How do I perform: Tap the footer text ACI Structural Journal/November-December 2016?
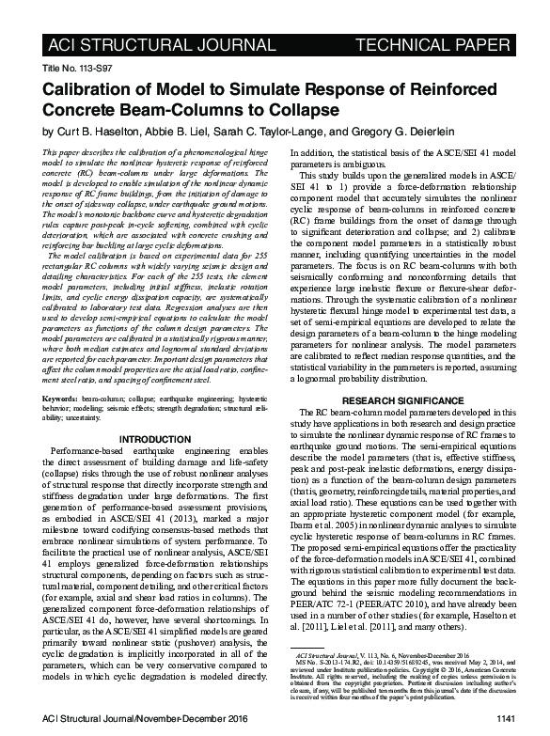(x=136, y=719)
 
